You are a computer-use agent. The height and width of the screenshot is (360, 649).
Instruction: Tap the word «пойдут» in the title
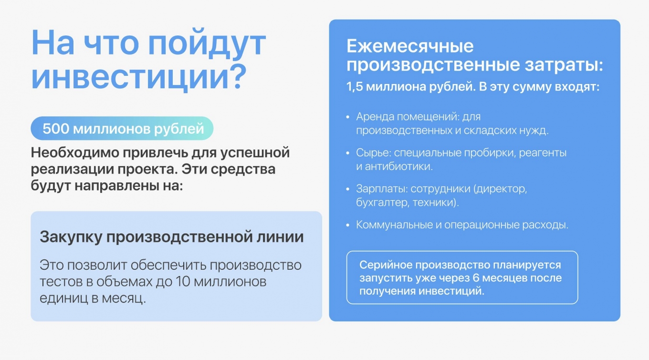click(x=207, y=43)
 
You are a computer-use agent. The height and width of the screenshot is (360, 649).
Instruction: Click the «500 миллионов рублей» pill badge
click(x=122, y=128)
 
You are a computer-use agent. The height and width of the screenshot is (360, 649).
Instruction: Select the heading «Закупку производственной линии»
click(x=171, y=237)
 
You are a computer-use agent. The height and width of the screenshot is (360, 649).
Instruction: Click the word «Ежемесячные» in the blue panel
click(x=410, y=46)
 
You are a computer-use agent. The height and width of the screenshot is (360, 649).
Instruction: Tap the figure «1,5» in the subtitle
click(x=355, y=87)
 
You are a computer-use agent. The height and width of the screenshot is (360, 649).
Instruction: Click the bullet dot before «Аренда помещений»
click(x=348, y=117)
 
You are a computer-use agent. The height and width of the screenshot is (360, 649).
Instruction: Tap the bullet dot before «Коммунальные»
click(x=348, y=225)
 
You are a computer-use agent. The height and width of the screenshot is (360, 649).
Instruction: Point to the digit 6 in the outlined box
click(x=476, y=278)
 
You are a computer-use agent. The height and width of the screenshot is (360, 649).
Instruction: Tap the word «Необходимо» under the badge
click(x=75, y=152)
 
